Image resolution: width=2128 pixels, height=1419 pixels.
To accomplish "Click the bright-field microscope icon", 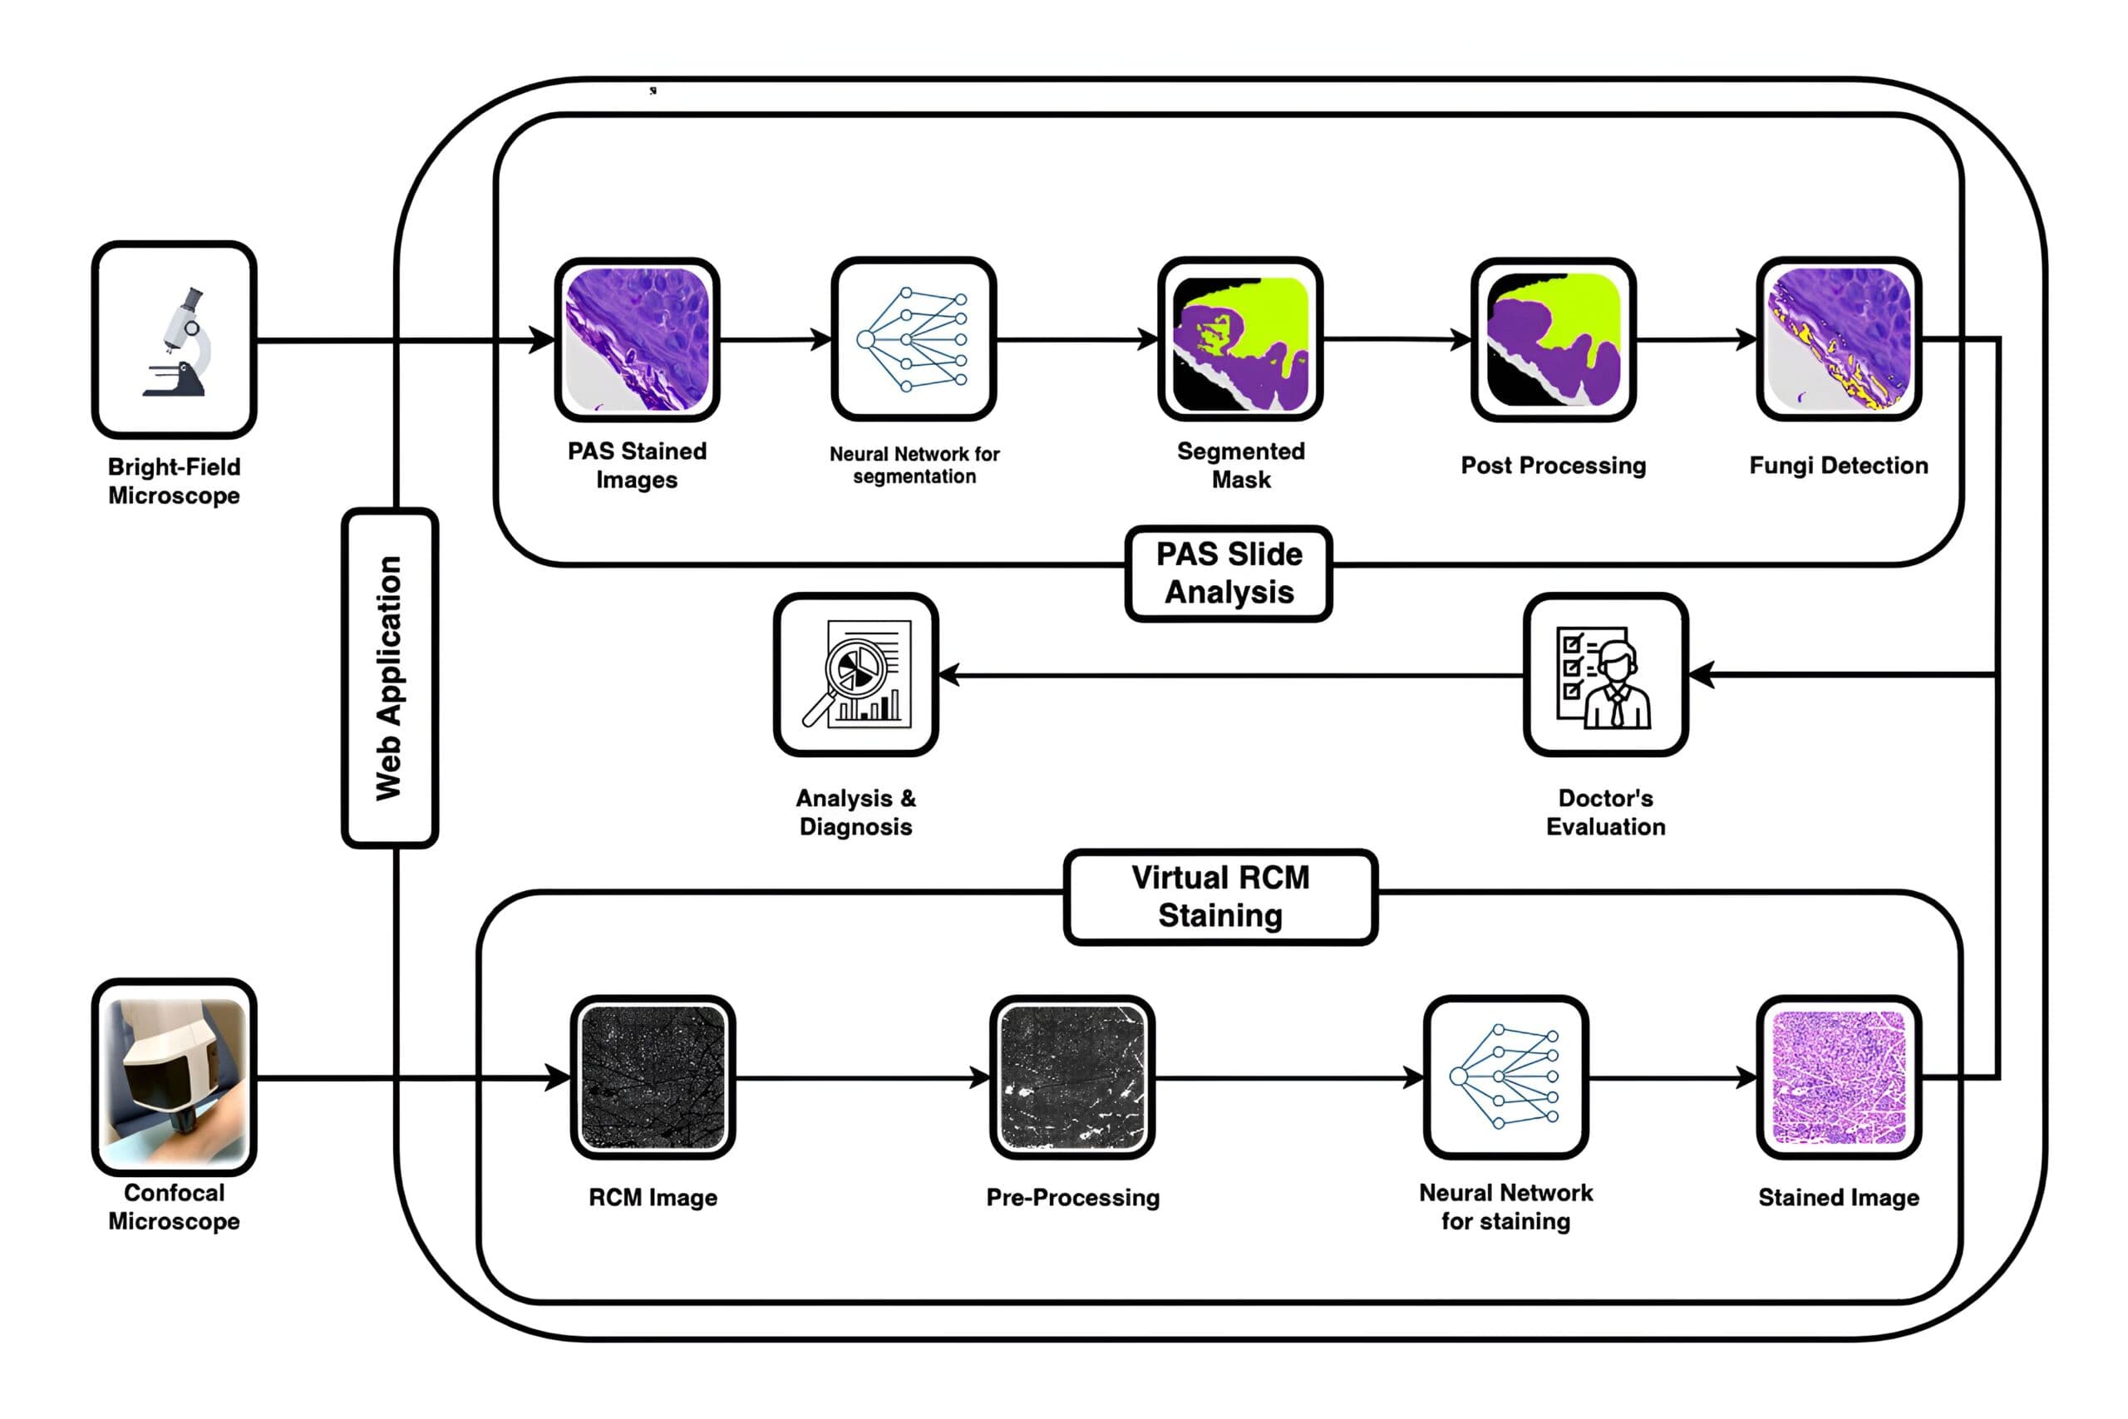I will pos(175,339).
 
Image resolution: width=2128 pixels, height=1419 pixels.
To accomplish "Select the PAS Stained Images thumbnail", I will pos(637,339).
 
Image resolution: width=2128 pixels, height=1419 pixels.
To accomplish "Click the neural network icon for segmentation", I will pos(914,339).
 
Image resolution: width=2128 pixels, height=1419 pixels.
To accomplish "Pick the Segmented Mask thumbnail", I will pos(1240,340).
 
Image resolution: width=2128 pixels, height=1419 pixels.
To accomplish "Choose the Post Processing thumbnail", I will pos(1554,340).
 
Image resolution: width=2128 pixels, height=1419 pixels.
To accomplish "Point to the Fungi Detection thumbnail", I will pos(1839,339).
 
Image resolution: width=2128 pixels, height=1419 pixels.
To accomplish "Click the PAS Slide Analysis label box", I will pos(1229,574).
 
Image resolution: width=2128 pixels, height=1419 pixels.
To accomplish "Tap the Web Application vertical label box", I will pos(390,677).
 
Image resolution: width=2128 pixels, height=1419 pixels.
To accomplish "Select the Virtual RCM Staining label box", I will pos(1220,897).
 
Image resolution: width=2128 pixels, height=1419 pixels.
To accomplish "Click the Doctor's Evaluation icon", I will pos(1605,675).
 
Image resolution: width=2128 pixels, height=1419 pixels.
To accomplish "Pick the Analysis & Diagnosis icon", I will pos(856,675).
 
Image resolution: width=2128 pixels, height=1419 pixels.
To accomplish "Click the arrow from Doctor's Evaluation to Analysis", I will pos(1230,675).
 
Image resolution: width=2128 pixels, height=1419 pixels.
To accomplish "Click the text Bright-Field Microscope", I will pos(175,481).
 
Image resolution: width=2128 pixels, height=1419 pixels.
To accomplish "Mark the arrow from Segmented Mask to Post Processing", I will pos(1397,339).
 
